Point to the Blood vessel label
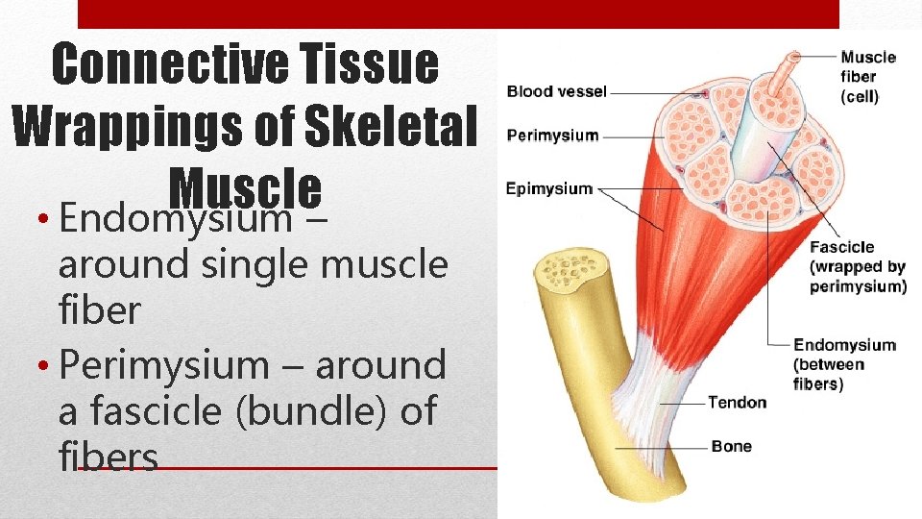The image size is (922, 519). [557, 92]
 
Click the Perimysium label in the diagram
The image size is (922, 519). [552, 136]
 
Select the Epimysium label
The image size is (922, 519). [549, 188]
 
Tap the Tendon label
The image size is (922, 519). [737, 402]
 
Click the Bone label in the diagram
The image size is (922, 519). [731, 447]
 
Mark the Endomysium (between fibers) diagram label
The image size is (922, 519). [843, 364]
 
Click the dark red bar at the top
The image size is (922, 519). [458, 13]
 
